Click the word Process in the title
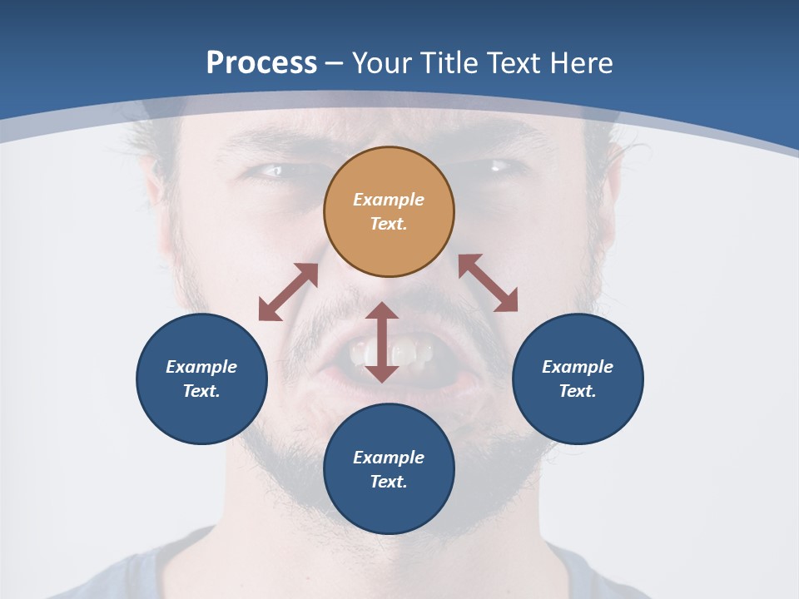point(261,63)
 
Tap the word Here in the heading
point(581,63)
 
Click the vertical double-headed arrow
point(382,342)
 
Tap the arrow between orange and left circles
point(288,292)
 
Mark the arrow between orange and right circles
point(488,283)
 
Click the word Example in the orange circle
point(389,200)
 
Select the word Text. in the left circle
point(201,391)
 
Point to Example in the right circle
point(578,367)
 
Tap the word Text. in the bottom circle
point(389,482)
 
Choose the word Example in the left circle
point(201,367)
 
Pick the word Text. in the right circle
point(578,391)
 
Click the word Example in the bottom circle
point(389,458)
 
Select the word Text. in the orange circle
point(389,224)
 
